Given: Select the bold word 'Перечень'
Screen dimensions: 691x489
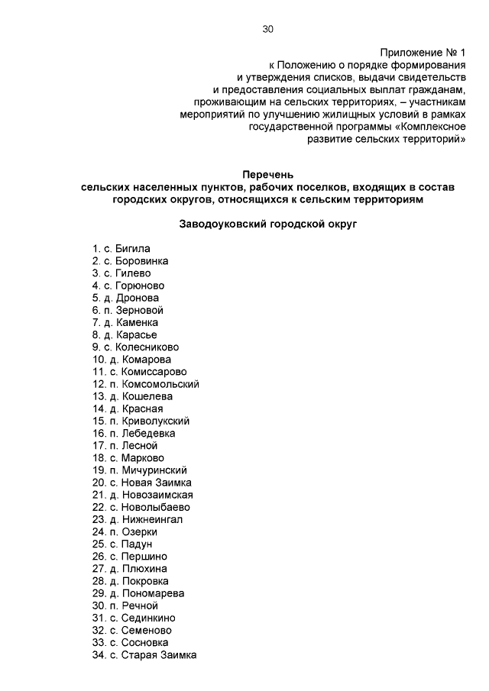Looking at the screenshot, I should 267,176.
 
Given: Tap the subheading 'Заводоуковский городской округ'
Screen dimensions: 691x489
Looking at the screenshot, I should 267,224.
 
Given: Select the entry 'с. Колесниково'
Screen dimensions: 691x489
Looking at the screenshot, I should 141,347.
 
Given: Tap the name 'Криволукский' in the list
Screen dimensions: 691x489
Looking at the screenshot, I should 156,421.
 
